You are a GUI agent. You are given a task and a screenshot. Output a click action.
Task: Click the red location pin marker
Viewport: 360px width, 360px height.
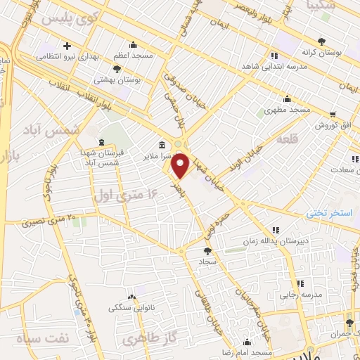[x=181, y=166]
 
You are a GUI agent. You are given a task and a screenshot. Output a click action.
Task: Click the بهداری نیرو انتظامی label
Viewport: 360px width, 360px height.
[x=66, y=55]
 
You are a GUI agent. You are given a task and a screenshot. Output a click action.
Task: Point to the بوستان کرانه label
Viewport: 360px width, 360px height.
[x=323, y=51]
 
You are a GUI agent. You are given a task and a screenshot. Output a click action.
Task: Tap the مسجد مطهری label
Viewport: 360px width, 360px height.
[x=288, y=110]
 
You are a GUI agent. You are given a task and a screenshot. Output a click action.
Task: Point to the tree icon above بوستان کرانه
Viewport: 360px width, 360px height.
[x=322, y=40]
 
